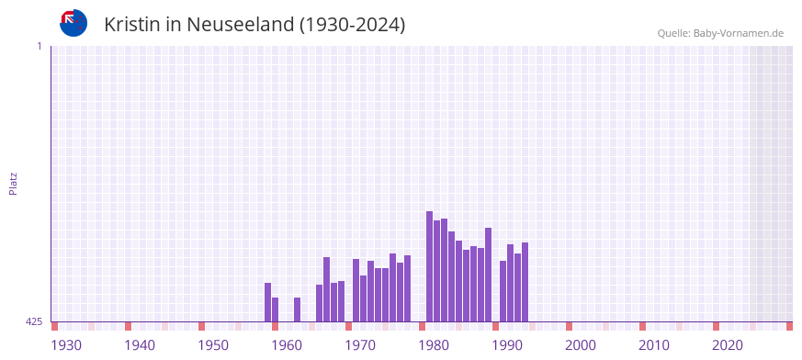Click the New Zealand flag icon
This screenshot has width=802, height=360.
pyautogui.click(x=73, y=23)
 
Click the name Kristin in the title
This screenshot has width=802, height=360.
pyautogui.click(x=135, y=25)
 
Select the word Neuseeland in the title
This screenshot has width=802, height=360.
pyautogui.click(x=240, y=25)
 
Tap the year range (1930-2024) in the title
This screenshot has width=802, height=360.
pyautogui.click(x=352, y=25)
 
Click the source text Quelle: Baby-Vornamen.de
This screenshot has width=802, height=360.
pyautogui.click(x=720, y=33)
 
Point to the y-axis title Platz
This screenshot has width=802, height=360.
pyautogui.click(x=13, y=183)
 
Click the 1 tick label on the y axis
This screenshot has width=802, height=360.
pyautogui.click(x=39, y=46)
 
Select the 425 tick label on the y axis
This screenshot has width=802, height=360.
pyautogui.click(x=34, y=321)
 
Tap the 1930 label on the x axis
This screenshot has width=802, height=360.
pyautogui.click(x=66, y=345)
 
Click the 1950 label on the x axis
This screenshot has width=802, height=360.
pyautogui.click(x=213, y=345)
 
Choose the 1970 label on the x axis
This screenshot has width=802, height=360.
pyautogui.click(x=360, y=345)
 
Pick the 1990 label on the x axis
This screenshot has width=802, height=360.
pyautogui.click(x=507, y=345)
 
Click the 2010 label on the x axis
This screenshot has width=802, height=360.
pyautogui.click(x=654, y=345)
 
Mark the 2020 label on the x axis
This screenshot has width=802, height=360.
pyautogui.click(x=728, y=345)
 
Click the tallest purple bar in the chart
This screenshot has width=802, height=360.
pyautogui.click(x=429, y=266)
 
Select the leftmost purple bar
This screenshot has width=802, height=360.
pyautogui.click(x=267, y=302)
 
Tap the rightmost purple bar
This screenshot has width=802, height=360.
pyautogui.click(x=525, y=282)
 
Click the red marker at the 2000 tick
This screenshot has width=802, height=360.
pyautogui.click(x=569, y=326)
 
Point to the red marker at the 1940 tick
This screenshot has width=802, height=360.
pyautogui.click(x=128, y=326)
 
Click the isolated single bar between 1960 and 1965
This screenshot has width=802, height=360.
pyautogui.click(x=297, y=309)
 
